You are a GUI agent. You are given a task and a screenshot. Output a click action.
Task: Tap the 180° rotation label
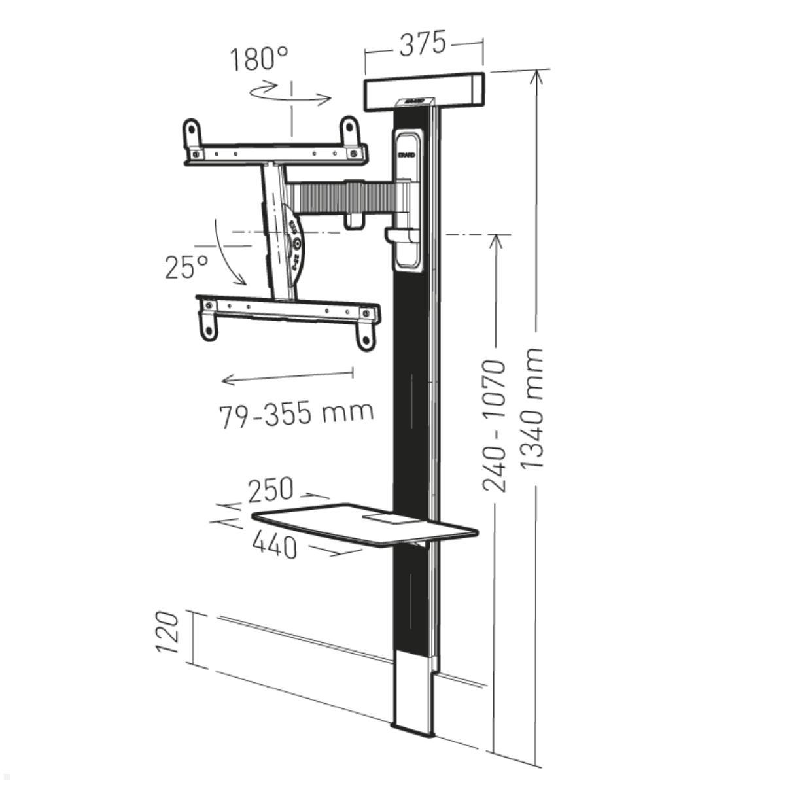tap(258, 59)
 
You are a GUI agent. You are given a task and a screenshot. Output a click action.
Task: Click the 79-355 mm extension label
tap(296, 413)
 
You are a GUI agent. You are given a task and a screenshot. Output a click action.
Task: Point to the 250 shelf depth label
tap(270, 489)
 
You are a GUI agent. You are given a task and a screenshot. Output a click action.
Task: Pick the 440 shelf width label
tap(273, 544)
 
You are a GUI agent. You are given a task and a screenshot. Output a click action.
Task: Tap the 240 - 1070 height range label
tap(494, 425)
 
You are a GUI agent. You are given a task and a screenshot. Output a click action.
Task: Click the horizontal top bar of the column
tap(424, 90)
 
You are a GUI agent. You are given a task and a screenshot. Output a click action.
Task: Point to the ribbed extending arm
tap(340, 197)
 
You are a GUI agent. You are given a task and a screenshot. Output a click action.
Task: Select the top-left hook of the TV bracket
tap(191, 134)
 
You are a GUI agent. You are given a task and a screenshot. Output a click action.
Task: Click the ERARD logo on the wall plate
tap(406, 156)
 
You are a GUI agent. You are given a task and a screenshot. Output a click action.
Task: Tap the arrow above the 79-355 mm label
tap(288, 377)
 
